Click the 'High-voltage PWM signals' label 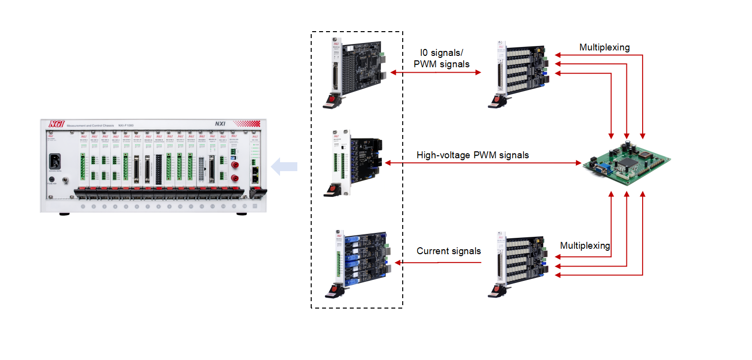point(472,155)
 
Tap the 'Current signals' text point(448,251)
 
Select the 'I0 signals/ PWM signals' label point(442,58)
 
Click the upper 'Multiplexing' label point(605,47)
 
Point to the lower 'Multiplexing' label point(585,246)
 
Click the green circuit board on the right point(626,161)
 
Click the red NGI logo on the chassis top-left point(53,125)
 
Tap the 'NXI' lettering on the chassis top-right point(220,124)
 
